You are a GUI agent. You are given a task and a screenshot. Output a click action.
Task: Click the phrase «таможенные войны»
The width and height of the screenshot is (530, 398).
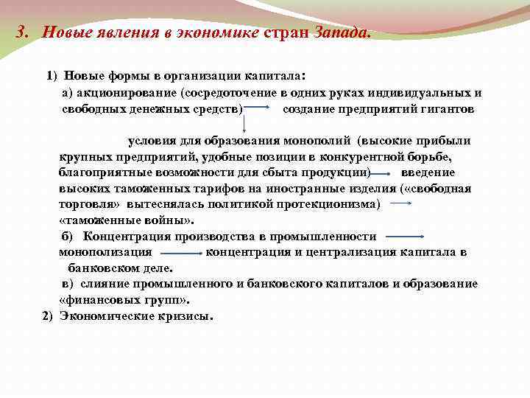pyautogui.click(x=127, y=220)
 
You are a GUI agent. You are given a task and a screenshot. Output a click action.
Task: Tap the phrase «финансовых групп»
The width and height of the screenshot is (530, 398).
pyautogui.click(x=124, y=299)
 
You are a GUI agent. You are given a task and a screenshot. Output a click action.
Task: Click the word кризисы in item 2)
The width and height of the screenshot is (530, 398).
pyautogui.click(x=185, y=315)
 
